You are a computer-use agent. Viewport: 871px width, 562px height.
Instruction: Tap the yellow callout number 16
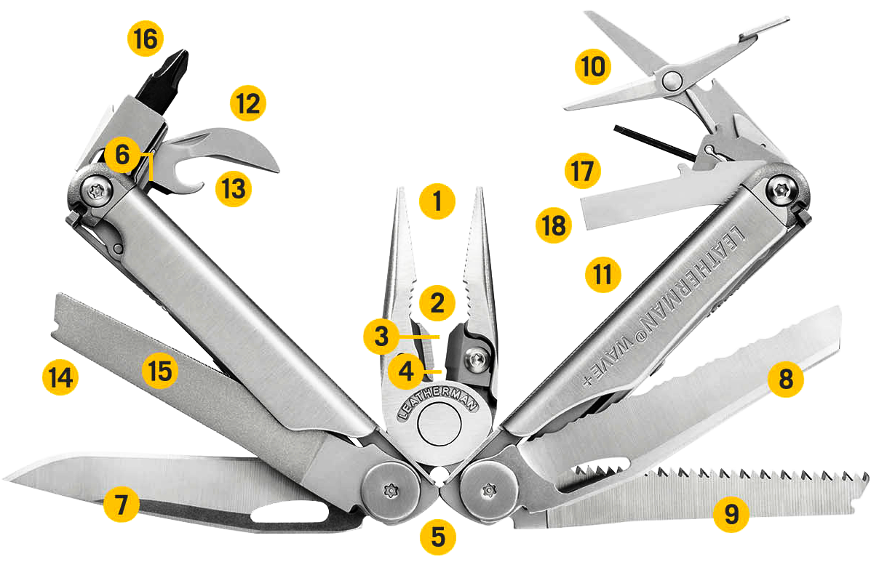click(146, 39)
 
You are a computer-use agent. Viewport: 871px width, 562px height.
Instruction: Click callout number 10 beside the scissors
click(592, 68)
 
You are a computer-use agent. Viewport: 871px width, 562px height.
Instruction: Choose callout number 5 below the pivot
click(437, 537)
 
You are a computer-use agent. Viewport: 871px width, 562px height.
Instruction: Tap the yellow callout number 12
click(248, 103)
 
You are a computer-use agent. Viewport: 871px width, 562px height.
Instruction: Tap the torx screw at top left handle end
click(94, 190)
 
